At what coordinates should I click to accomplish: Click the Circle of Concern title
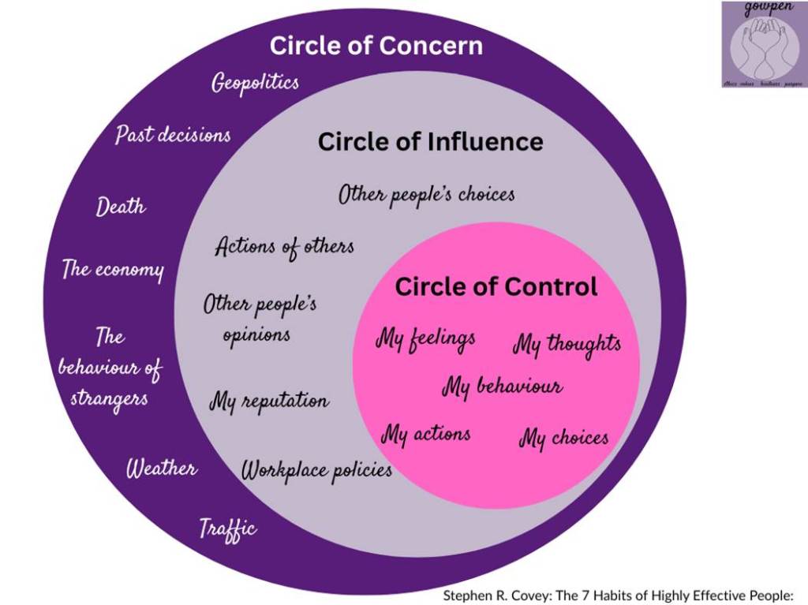(x=376, y=46)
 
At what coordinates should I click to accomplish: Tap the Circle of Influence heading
(x=430, y=142)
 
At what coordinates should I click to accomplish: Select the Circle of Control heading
(x=496, y=286)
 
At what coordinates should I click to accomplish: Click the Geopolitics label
(x=255, y=83)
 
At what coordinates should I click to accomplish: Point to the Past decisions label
(x=173, y=134)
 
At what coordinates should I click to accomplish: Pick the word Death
(x=121, y=207)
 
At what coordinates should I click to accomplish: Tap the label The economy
(x=113, y=269)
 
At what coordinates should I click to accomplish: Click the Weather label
(x=162, y=469)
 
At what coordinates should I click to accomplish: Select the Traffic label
(x=227, y=527)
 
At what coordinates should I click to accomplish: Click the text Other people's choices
(x=426, y=195)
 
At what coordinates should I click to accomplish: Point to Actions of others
(x=284, y=247)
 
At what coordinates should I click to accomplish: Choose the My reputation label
(x=268, y=401)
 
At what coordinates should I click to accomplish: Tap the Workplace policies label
(x=316, y=471)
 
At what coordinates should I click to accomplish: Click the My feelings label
(x=425, y=339)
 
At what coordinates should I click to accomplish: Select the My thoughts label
(x=567, y=344)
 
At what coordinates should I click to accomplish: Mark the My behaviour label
(x=502, y=387)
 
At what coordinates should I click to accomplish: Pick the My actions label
(x=425, y=433)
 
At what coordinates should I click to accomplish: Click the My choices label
(x=563, y=438)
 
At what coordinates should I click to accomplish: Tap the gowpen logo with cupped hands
(x=762, y=43)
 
